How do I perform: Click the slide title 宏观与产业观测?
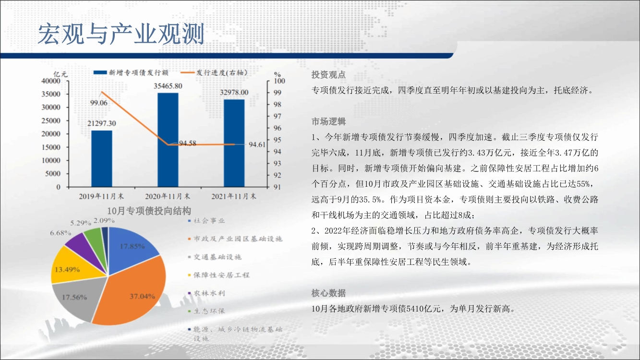(121, 34)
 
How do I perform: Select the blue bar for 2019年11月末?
(102, 159)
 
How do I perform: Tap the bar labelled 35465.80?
(168, 140)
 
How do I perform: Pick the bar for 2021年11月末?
(234, 144)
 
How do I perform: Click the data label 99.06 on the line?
(99, 103)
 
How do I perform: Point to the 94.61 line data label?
(257, 144)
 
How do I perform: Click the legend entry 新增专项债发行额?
(131, 72)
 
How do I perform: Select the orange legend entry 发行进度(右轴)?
(214, 72)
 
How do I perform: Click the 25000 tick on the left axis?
(51, 120)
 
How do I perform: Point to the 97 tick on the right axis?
(277, 116)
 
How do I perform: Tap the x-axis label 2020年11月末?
(168, 196)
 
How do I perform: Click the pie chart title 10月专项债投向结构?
(149, 211)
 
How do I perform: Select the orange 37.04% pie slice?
(134, 294)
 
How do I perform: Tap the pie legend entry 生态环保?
(206, 311)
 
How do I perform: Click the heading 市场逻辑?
(328, 121)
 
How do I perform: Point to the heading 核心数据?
(328, 293)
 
